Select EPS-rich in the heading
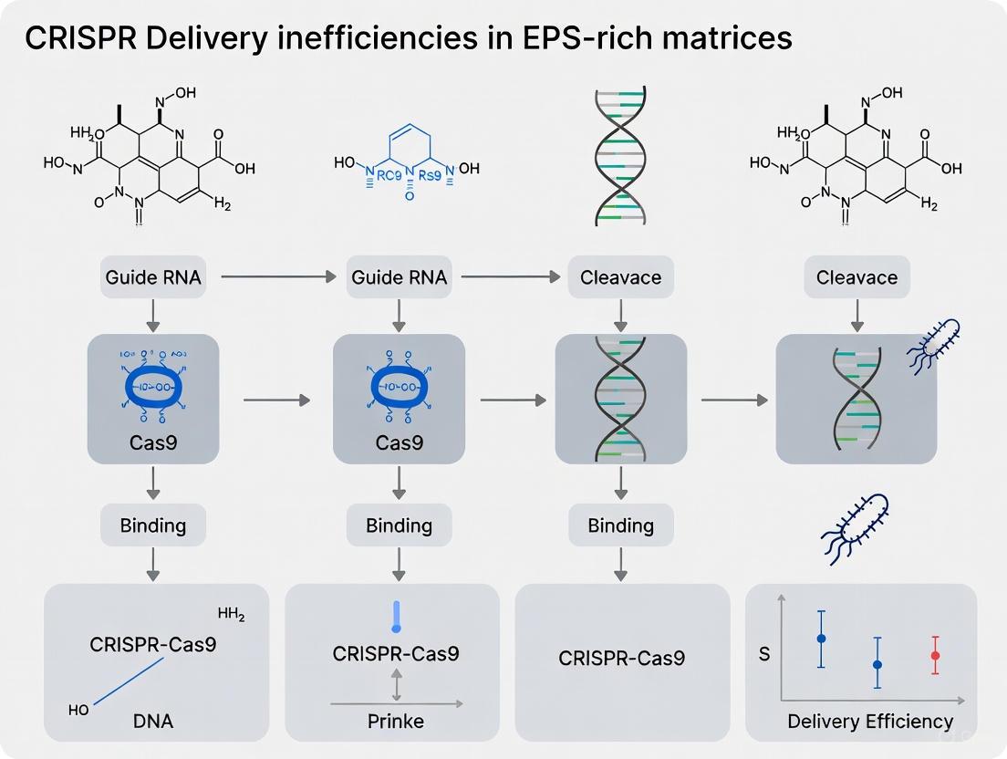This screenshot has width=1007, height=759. pyautogui.click(x=556, y=39)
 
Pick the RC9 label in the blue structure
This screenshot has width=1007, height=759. pyautogui.click(x=388, y=169)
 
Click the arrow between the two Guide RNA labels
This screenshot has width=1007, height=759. pyautogui.click(x=278, y=276)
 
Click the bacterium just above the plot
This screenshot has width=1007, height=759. pyautogui.click(x=856, y=524)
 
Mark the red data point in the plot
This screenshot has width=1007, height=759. pyautogui.click(x=935, y=655)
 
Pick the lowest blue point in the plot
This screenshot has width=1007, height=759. pyautogui.click(x=877, y=664)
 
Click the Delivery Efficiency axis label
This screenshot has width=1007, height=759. pyautogui.click(x=869, y=722)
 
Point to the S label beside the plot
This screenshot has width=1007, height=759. pyautogui.click(x=764, y=654)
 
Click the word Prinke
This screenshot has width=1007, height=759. pyautogui.click(x=395, y=721)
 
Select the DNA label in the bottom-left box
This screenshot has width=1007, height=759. pyautogui.click(x=151, y=721)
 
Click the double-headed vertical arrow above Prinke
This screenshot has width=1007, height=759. pyautogui.click(x=396, y=684)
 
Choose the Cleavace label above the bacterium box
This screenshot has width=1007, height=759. pyautogui.click(x=856, y=276)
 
